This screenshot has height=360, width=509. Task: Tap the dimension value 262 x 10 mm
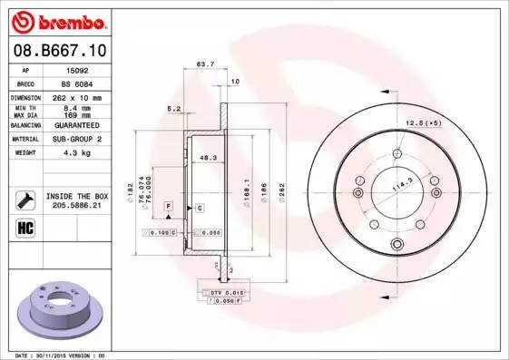(77, 96)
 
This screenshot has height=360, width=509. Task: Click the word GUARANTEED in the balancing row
(77, 125)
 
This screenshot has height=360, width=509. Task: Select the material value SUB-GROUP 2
(77, 140)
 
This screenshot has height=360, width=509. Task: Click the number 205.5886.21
(75, 206)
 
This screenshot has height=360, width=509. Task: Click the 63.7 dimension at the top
(205, 64)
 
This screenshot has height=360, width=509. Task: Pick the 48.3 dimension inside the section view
(207, 158)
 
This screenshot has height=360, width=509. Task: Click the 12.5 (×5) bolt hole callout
(424, 122)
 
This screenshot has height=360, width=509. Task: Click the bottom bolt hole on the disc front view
(395, 245)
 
